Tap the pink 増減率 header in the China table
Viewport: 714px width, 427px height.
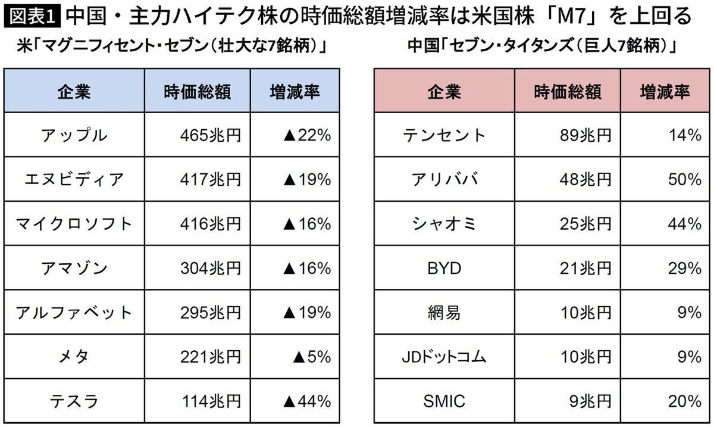pos(665,91)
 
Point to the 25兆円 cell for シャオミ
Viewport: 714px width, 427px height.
pos(587,224)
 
